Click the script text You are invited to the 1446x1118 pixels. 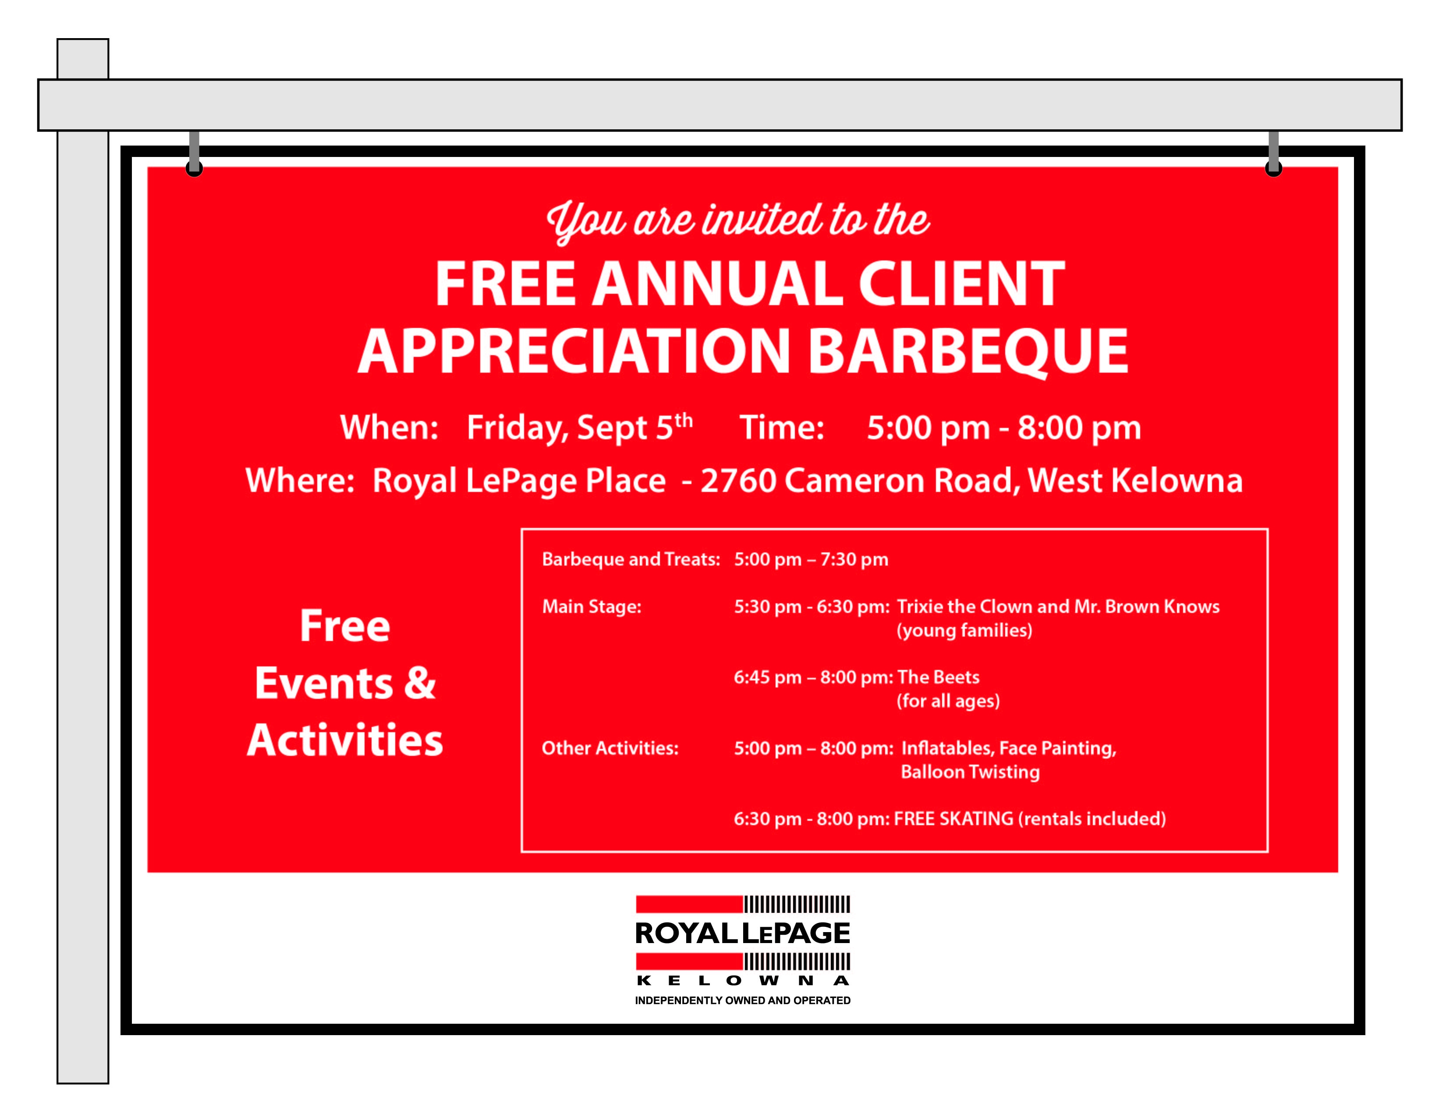pyautogui.click(x=738, y=221)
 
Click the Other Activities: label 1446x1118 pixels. pyautogui.click(x=610, y=748)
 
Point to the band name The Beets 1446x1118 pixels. pyautogui.click(x=938, y=677)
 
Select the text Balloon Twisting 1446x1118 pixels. pyautogui.click(x=970, y=772)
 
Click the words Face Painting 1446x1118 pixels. pyautogui.click(x=1057, y=748)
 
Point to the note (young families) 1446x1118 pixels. pyautogui.click(x=964, y=630)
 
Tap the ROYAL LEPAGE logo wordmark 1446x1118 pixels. pyautogui.click(x=742, y=933)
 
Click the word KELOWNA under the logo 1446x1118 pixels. pyautogui.click(x=742, y=980)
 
